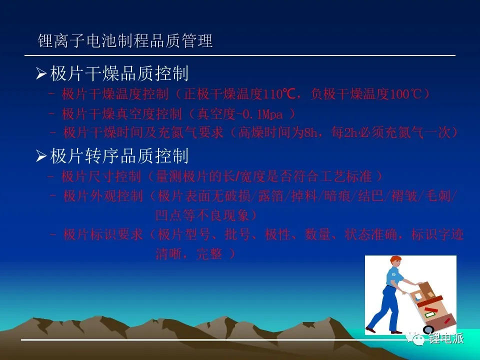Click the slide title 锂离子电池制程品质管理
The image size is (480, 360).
click(x=125, y=40)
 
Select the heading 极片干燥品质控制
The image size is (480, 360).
click(x=119, y=74)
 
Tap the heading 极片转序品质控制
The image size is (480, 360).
click(x=119, y=156)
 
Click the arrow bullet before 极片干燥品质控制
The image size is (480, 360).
click(x=41, y=74)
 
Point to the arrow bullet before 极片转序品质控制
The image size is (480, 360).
click(x=41, y=156)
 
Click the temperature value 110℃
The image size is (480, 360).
click(x=279, y=94)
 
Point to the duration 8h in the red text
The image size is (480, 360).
click(x=310, y=132)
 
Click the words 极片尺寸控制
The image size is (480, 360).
click(x=101, y=176)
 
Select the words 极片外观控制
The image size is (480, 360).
click(x=103, y=196)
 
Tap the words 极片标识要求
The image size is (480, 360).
click(x=103, y=234)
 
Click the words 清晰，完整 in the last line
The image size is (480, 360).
click(x=189, y=254)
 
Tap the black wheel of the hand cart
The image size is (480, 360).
click(x=428, y=329)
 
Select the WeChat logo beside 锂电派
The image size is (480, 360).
click(x=415, y=338)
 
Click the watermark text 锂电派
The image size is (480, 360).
click(x=446, y=338)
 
